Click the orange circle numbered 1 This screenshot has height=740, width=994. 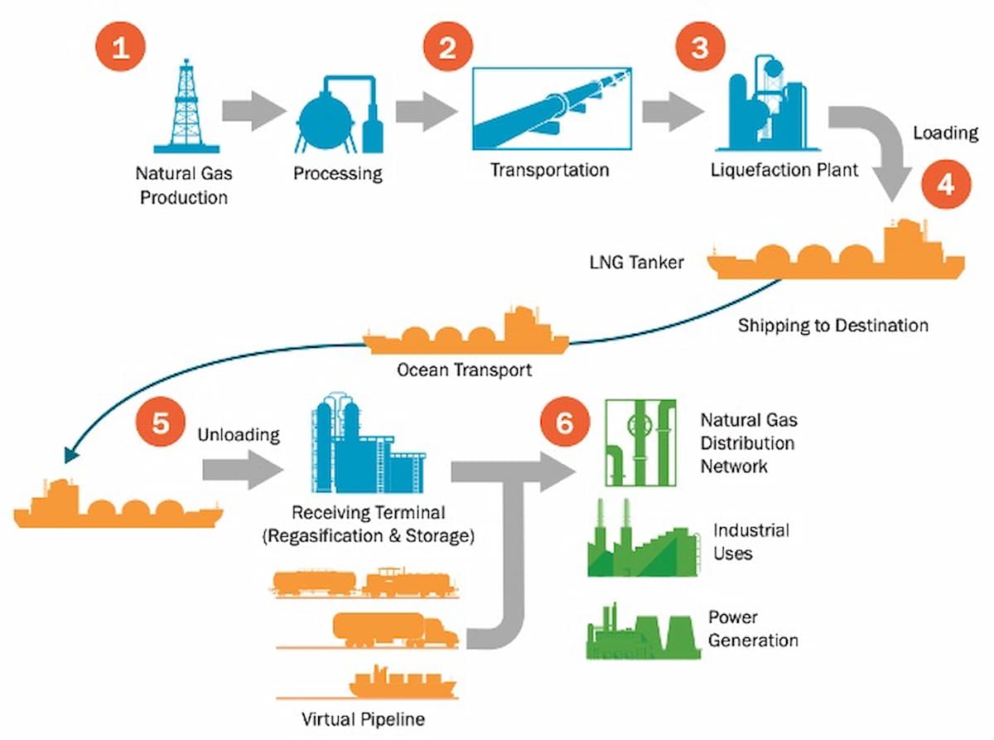[x=122, y=47]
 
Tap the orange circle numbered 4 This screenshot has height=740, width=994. [x=947, y=185]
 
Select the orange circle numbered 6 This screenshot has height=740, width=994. [x=564, y=423]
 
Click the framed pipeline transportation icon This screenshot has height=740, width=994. [x=551, y=108]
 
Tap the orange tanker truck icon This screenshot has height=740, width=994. [x=394, y=630]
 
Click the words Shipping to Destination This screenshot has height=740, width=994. [x=832, y=326]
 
